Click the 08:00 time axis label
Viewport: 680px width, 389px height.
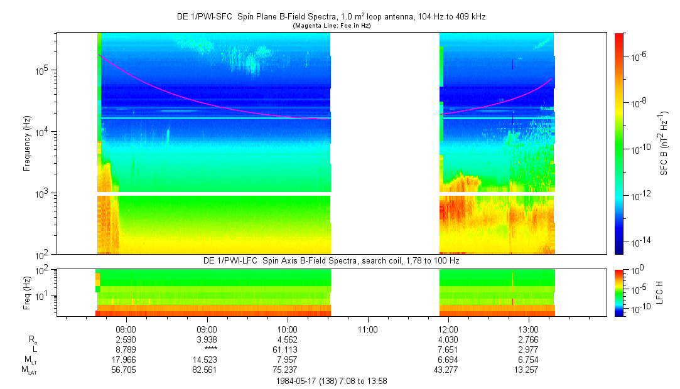[126, 329]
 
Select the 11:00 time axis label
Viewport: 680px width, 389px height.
[367, 329]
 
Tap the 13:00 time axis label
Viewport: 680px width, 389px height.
[529, 329]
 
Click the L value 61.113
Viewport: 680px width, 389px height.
[287, 349]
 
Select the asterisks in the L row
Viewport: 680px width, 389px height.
[207, 349]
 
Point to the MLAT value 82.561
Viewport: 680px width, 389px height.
[207, 370]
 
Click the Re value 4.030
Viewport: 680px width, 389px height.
[448, 339]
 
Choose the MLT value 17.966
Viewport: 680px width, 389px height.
[126, 360]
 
